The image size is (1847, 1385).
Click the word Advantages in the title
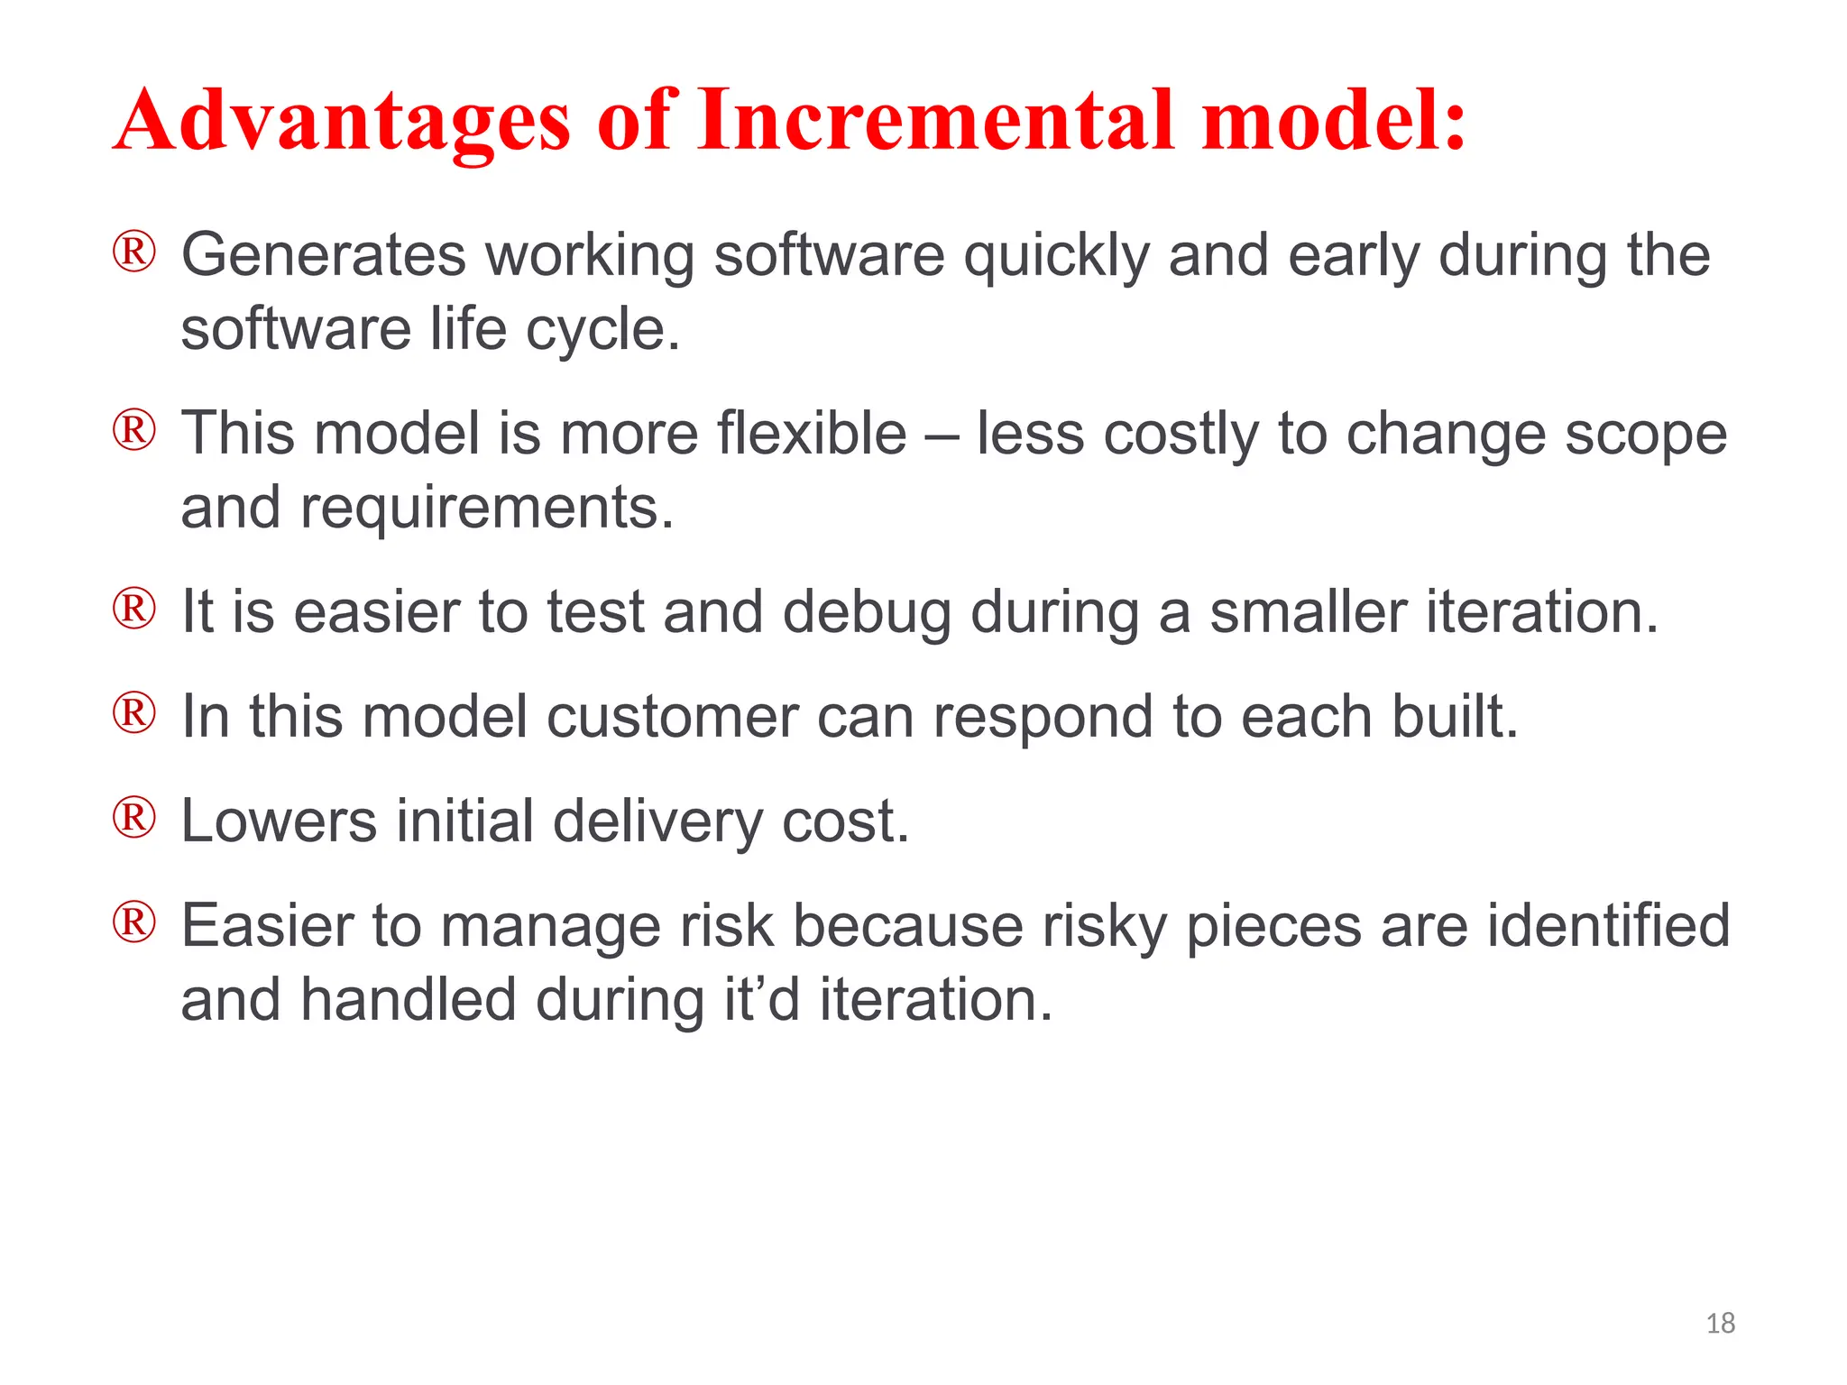click(x=343, y=122)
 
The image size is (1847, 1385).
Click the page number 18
click(x=1720, y=1323)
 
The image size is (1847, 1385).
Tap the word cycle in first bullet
click(x=594, y=331)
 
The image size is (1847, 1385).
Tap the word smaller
click(x=1308, y=612)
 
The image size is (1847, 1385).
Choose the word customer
click(x=672, y=718)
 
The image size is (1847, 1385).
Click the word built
click(x=1454, y=717)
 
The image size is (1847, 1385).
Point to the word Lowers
click(x=279, y=821)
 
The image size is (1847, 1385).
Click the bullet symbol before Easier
click(x=134, y=922)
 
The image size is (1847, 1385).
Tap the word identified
click(x=1608, y=926)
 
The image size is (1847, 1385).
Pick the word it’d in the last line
click(x=762, y=1000)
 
